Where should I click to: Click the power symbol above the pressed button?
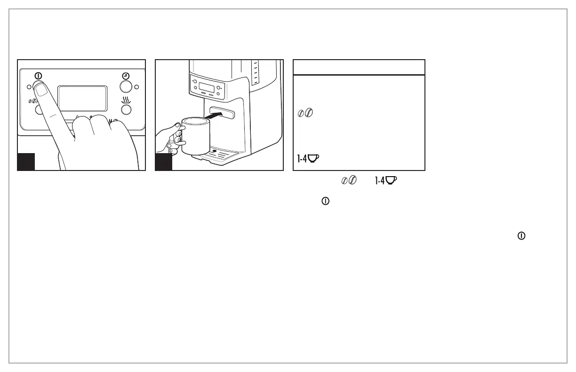tap(38, 76)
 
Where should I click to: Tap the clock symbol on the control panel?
tap(126, 76)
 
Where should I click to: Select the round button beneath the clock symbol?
tap(126, 86)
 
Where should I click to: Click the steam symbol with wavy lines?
tap(126, 100)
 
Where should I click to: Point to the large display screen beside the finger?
tap(82, 98)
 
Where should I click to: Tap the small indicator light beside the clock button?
tap(136, 86)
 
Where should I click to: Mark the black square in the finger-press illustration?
tap(26, 162)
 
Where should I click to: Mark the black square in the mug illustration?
tap(164, 162)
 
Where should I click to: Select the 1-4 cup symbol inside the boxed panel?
tap(308, 158)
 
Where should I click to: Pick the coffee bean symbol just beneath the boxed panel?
tap(349, 180)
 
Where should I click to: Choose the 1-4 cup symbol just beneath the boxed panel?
tap(385, 180)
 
